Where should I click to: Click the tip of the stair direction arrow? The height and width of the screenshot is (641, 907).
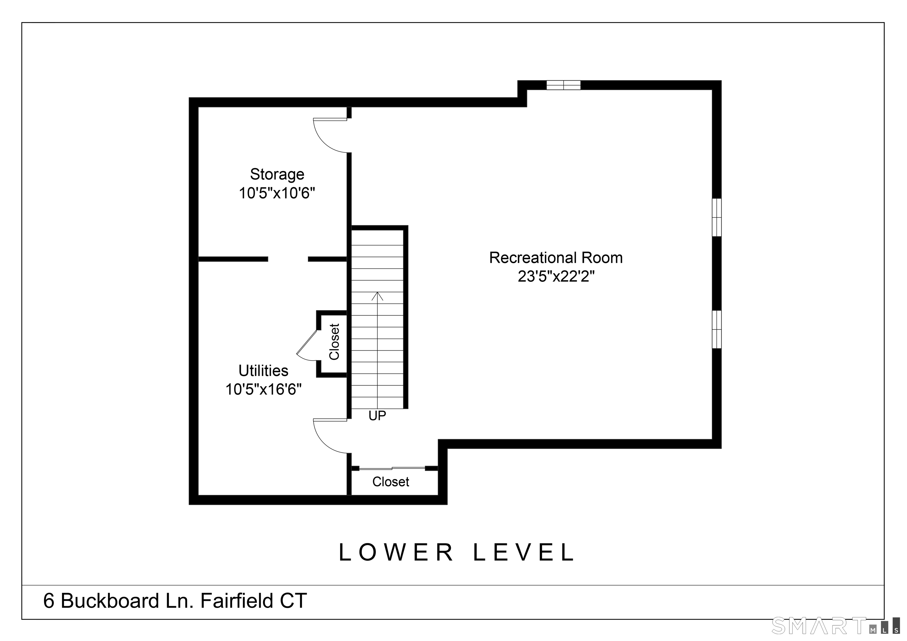click(377, 292)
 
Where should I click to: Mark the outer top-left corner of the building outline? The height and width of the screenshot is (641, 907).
click(189, 98)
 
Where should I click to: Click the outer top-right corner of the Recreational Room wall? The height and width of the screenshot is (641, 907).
click(721, 81)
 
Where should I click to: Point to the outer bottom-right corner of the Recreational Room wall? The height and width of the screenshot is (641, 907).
click(721, 448)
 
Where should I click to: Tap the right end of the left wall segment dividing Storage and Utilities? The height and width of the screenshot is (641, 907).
click(268, 259)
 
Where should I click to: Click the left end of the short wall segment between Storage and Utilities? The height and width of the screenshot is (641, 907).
click(308, 259)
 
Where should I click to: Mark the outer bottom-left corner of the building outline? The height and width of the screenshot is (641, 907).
click(189, 504)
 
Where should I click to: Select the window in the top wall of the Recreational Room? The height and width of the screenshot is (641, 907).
click(563, 85)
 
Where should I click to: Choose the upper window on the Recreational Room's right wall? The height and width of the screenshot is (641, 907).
click(717, 217)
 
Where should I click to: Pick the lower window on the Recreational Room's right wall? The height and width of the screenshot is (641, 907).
click(717, 329)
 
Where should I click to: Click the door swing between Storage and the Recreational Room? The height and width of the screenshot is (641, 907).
click(330, 135)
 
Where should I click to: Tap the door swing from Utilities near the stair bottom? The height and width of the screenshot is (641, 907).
click(330, 436)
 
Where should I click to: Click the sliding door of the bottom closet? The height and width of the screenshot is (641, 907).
click(392, 468)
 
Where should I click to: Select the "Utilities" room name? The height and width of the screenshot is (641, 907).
click(263, 370)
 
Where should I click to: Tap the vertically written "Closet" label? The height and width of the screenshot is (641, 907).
click(334, 342)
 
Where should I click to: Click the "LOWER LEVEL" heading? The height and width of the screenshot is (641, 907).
click(457, 552)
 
